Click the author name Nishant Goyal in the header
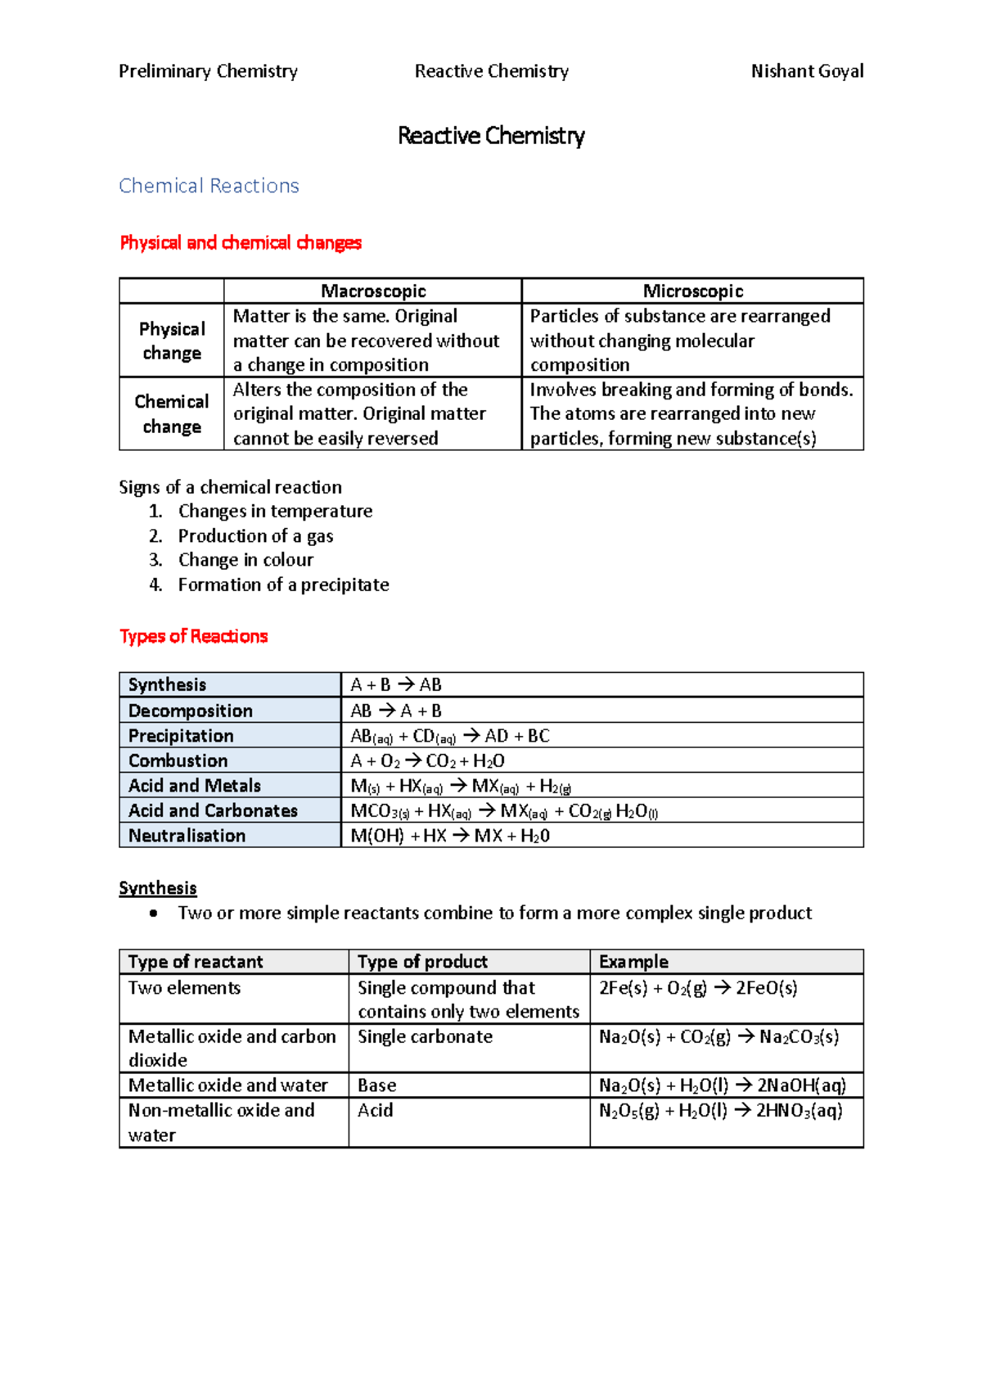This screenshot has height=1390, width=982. pos(807,71)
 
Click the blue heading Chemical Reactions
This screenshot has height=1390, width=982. pos(209,186)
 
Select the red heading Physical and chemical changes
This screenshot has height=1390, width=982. pos(240,242)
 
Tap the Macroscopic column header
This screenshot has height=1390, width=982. pos(373,291)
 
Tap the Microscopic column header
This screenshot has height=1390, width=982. pos(692,291)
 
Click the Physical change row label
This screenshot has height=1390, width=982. pos(172,341)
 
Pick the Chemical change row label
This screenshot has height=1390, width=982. pos(172,413)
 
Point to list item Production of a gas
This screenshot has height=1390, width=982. pos(255,535)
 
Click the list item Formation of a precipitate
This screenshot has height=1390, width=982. pos(283,584)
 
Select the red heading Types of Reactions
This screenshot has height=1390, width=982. pos(193,636)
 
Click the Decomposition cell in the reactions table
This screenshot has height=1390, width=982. pos(191,711)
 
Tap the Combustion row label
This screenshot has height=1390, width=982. pos(178,760)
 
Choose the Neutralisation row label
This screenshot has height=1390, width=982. pos(187,836)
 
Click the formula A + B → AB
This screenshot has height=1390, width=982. pos(396,684)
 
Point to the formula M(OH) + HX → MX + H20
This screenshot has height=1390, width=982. pos(450,836)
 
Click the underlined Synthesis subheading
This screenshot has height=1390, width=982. pos(157,888)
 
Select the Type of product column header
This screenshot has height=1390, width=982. pos(422,962)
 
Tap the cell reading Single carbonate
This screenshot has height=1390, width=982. pos(425,1036)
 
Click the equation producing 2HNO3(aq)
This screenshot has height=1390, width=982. pos(720,1111)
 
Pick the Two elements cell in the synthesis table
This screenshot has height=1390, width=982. pos(184,988)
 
